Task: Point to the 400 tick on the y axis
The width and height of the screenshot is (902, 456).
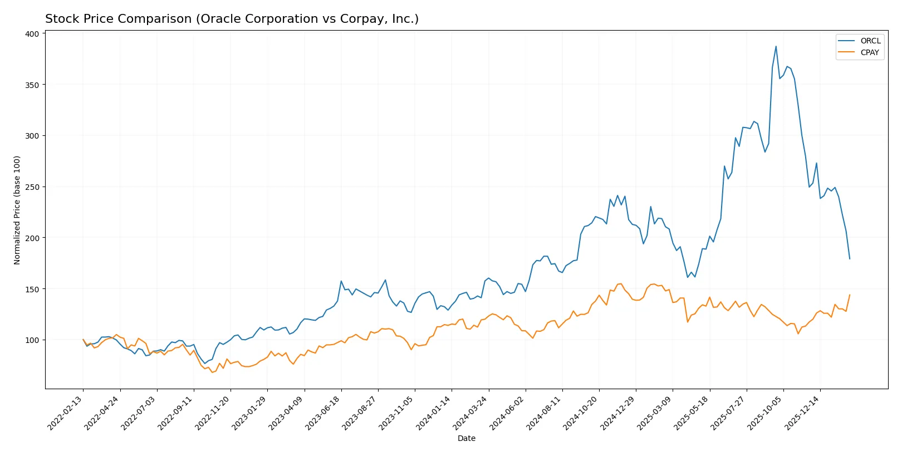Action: click(x=32, y=34)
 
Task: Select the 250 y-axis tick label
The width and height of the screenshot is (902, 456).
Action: click(x=32, y=187)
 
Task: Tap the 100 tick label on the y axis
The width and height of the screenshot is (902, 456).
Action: click(x=32, y=340)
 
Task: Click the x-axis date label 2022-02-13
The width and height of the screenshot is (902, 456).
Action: click(x=66, y=413)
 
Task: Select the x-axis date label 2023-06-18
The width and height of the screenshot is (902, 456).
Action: click(x=323, y=413)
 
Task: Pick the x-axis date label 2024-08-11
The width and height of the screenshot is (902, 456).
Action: click(x=545, y=413)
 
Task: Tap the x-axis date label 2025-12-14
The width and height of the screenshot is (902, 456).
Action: click(x=802, y=413)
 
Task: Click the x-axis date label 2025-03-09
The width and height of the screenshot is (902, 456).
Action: click(x=655, y=413)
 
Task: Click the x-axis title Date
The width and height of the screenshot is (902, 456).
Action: click(x=466, y=438)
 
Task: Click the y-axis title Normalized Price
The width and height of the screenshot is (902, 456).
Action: click(x=17, y=210)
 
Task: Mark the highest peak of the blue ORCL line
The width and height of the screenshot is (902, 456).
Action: click(x=776, y=46)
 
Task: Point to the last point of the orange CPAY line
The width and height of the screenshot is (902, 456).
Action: click(x=850, y=295)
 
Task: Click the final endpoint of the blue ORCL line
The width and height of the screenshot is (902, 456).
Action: click(x=850, y=259)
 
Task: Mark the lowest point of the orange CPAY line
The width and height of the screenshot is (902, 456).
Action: click(x=212, y=372)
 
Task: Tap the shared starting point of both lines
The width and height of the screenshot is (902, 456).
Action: click(x=83, y=340)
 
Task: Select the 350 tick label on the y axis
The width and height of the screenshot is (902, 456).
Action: click(x=32, y=85)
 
